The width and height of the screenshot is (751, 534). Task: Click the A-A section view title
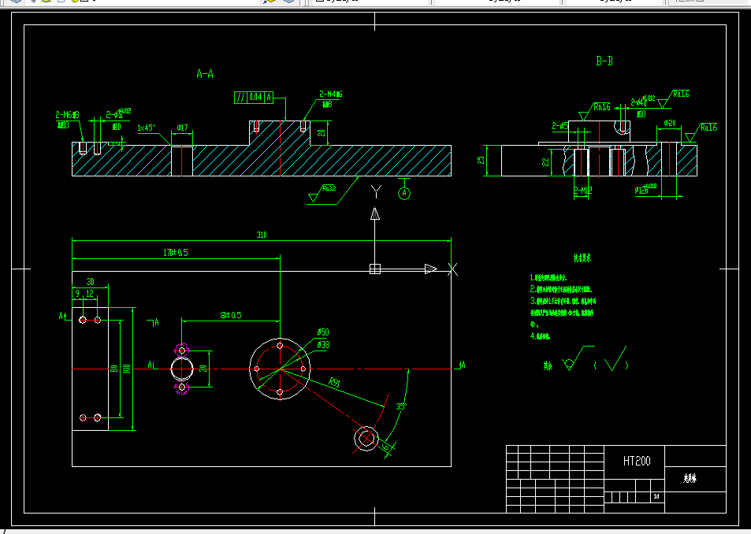click(205, 74)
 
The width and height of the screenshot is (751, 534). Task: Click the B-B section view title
click(604, 61)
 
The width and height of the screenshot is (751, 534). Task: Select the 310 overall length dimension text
click(261, 235)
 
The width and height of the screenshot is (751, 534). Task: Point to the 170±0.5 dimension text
click(175, 253)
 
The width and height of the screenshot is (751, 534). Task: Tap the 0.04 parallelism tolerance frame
click(255, 98)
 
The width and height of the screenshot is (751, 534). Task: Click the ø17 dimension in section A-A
click(181, 127)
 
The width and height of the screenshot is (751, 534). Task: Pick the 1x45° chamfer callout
click(147, 128)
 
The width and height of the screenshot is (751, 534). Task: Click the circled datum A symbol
click(404, 192)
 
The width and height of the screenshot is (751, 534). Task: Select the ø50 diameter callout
click(323, 333)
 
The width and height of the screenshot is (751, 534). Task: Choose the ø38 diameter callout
click(323, 345)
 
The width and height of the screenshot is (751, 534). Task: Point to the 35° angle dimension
click(401, 406)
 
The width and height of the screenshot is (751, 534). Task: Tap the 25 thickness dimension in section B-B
click(481, 160)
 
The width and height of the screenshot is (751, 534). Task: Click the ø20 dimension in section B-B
click(670, 123)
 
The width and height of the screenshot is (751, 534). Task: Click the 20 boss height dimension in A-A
click(320, 132)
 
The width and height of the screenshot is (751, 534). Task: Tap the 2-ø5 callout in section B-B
click(560, 125)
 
